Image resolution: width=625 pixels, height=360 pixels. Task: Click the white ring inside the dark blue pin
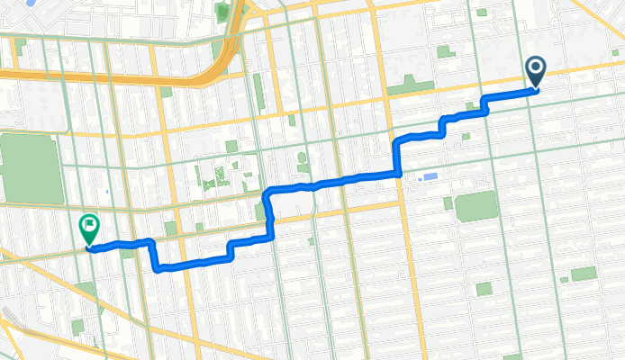536,67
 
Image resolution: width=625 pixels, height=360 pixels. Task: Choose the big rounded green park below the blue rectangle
476,206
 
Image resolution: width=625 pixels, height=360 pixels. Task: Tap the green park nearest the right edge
584,274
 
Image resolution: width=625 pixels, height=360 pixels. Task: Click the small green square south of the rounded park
484,289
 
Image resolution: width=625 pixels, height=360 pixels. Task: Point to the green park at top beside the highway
222,13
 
